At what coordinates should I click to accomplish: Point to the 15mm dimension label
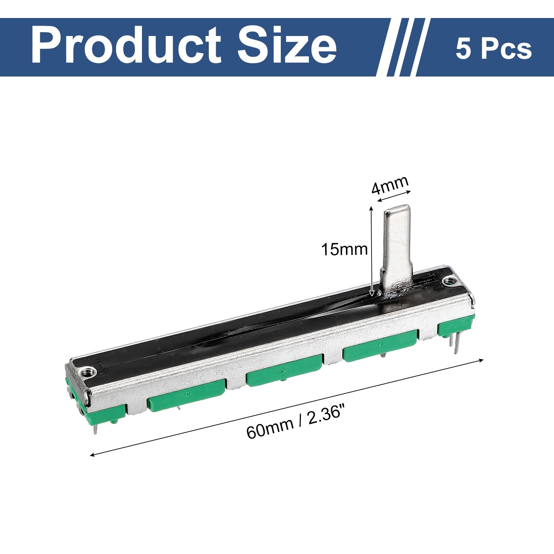(344, 249)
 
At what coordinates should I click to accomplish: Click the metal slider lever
(397, 249)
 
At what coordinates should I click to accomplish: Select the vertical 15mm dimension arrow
(372, 251)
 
